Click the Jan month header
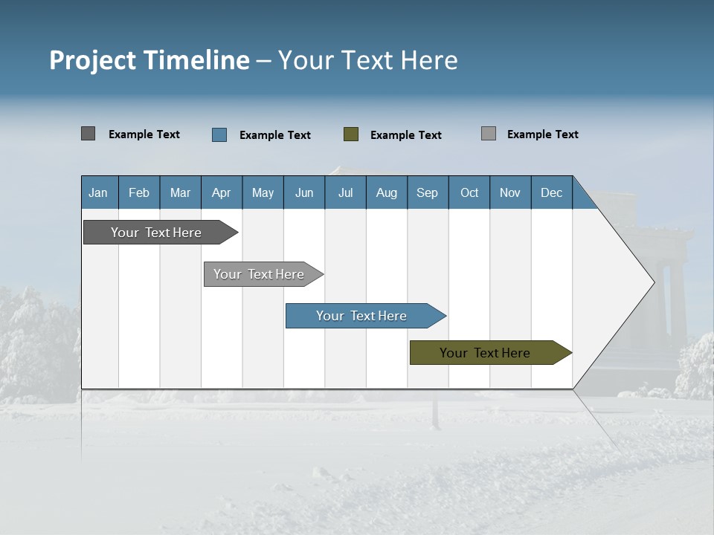98,192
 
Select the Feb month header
139,192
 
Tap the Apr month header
221,192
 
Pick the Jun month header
304,192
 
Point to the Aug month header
386,192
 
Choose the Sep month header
427,192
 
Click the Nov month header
509,192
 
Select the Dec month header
551,192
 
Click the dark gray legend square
88,134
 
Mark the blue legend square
219,134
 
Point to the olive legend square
351,134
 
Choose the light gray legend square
488,134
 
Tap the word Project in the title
92,60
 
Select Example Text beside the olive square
405,134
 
